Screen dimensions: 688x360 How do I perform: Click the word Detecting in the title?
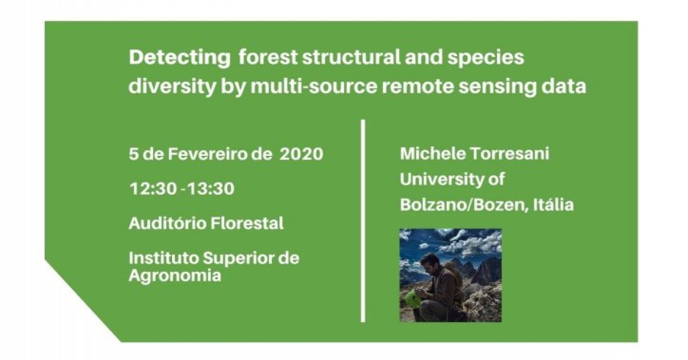179,58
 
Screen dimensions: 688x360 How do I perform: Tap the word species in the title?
486,58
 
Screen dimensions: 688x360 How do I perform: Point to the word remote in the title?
418,87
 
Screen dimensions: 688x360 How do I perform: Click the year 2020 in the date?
302,154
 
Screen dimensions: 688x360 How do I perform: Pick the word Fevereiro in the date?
208,154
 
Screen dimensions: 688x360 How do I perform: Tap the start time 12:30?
153,188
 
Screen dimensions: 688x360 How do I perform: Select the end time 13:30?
211,188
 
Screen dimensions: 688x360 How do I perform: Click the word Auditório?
167,223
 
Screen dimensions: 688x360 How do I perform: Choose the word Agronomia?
175,276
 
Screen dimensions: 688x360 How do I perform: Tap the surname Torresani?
509,154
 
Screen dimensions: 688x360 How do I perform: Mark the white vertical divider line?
363,221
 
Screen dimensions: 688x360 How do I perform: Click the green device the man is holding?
411,299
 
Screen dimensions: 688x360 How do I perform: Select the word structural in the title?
351,58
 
